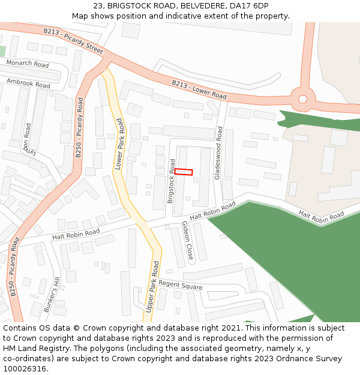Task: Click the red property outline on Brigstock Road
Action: point(184,172)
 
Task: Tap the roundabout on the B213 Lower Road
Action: point(302,99)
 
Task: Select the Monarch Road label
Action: point(28,64)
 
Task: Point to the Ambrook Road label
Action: point(28,82)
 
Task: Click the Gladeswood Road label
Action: point(219,152)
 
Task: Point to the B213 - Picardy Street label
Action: point(73,40)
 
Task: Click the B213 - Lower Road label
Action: point(199,90)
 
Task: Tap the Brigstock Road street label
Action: point(172,181)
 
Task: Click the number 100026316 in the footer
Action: point(25,368)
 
